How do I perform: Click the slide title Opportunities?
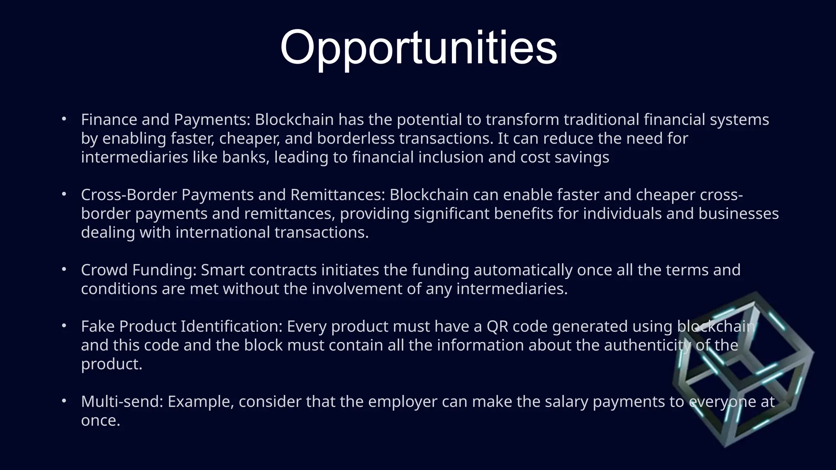[x=418, y=48]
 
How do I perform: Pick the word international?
[x=222, y=232]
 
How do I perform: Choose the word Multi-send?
[x=122, y=401]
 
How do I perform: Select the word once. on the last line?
[x=100, y=420]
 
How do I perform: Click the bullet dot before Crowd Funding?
[x=64, y=270]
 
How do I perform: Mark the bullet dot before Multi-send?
[x=64, y=401]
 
